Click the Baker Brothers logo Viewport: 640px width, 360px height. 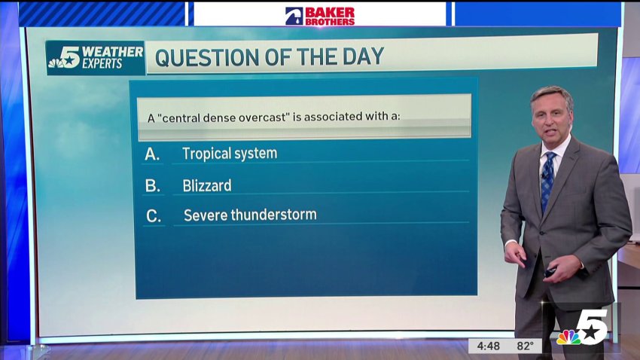[x=320, y=17]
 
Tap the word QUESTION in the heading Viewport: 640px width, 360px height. [x=207, y=57]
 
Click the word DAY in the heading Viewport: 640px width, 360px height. [x=363, y=56]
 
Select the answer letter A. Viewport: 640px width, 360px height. [x=152, y=154]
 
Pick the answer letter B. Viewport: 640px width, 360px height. [x=152, y=186]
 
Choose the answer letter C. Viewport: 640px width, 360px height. [x=154, y=216]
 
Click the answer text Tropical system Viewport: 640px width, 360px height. [x=230, y=154]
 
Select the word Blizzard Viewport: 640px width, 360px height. [x=207, y=186]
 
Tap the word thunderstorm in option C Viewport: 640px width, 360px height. [x=273, y=215]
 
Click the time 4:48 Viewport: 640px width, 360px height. [x=488, y=346]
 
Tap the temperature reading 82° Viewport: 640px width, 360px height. [x=525, y=346]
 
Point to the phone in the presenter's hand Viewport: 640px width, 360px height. [x=550, y=271]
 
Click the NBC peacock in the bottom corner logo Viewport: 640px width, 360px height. [x=568, y=337]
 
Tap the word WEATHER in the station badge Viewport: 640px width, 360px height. [x=112, y=52]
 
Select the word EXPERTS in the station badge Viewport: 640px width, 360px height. [x=102, y=64]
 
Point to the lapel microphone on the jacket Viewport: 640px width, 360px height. [x=544, y=175]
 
